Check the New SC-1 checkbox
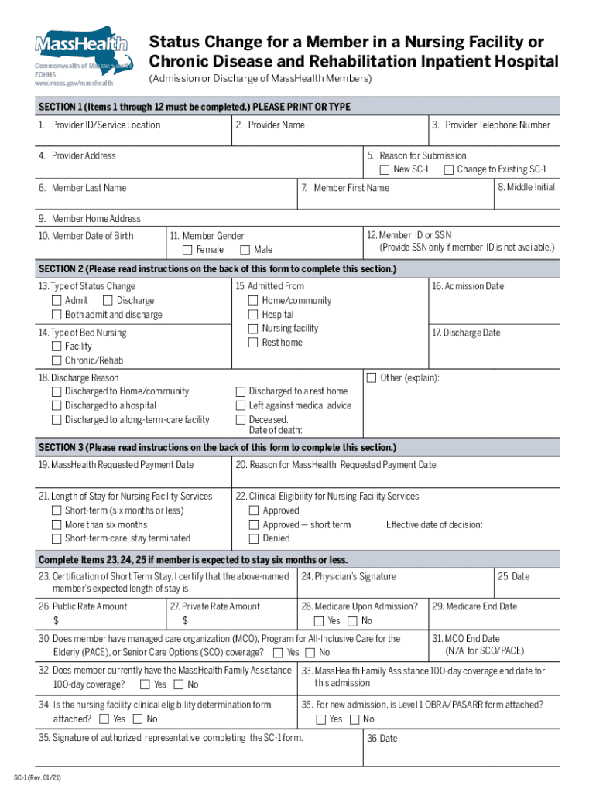click(385, 169)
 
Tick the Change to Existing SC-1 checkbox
click(448, 169)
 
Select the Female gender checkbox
click(187, 250)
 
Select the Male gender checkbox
click(245, 250)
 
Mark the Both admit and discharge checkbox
click(57, 315)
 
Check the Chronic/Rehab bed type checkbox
click(57, 360)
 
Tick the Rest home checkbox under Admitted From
click(253, 343)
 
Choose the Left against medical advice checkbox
click(241, 405)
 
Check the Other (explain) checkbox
click(372, 377)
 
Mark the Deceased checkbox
click(241, 419)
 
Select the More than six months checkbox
click(57, 524)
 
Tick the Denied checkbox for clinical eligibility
click(254, 538)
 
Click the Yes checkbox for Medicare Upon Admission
click(319, 621)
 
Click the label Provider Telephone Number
click(491, 125)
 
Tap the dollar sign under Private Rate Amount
click(185, 620)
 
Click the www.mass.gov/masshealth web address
click(74, 83)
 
